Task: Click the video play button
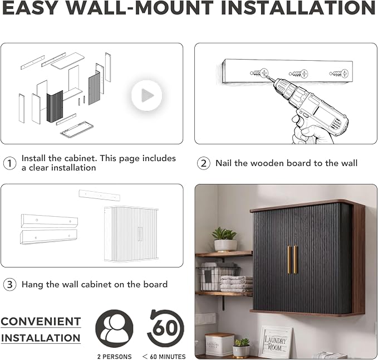click(x=146, y=95)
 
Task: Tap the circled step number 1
click(x=9, y=163)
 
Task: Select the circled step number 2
click(x=204, y=163)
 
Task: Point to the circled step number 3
click(x=9, y=284)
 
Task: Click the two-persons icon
click(x=114, y=328)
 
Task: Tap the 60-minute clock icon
click(x=165, y=328)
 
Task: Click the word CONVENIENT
click(x=41, y=322)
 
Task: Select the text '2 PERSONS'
click(x=115, y=357)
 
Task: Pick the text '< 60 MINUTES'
click(x=164, y=357)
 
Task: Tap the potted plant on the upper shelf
click(x=225, y=240)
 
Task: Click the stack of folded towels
click(x=236, y=284)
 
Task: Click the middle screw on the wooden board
click(x=298, y=74)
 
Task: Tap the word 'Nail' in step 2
click(x=224, y=163)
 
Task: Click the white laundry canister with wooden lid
click(x=219, y=344)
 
